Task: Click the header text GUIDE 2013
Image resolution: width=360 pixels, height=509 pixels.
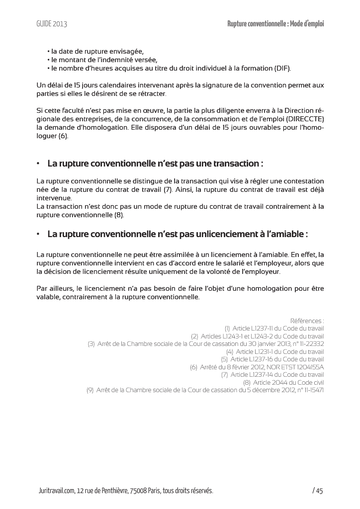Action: [52, 24]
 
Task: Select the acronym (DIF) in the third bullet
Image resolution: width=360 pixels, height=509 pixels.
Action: [281, 68]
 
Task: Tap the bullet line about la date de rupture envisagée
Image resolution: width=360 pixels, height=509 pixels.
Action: [95, 51]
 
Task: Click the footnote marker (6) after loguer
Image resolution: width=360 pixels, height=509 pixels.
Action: [63, 136]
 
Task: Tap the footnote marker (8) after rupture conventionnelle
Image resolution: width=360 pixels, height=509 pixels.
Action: [119, 215]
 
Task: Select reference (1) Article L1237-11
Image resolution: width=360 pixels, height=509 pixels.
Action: [274, 329]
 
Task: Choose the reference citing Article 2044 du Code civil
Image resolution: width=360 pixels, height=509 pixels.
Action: [283, 382]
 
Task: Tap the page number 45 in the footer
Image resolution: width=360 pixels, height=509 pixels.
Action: [319, 491]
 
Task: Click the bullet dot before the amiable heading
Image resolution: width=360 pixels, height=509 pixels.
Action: [38, 234]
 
